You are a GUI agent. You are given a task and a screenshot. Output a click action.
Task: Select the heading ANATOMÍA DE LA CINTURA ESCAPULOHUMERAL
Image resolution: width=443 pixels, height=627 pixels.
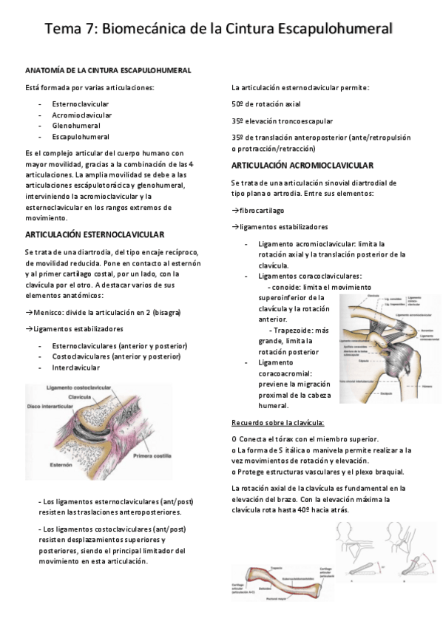(x=108, y=70)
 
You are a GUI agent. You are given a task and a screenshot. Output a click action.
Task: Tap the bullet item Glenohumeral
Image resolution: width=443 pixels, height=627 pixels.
(x=76, y=126)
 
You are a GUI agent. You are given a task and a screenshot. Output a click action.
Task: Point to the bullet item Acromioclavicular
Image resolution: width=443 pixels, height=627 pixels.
(x=81, y=115)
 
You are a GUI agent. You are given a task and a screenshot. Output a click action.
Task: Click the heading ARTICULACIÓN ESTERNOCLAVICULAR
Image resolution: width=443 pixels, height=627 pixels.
(x=94, y=234)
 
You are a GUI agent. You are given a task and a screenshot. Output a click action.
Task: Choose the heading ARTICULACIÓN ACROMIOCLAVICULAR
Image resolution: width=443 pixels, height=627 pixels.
(x=302, y=165)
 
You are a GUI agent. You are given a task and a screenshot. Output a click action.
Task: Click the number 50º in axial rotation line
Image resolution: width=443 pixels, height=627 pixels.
(x=240, y=104)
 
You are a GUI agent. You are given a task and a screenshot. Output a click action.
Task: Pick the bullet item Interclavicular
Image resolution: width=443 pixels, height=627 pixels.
(x=76, y=367)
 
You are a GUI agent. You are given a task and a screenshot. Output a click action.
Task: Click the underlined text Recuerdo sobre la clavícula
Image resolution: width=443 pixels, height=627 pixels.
(x=277, y=423)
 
